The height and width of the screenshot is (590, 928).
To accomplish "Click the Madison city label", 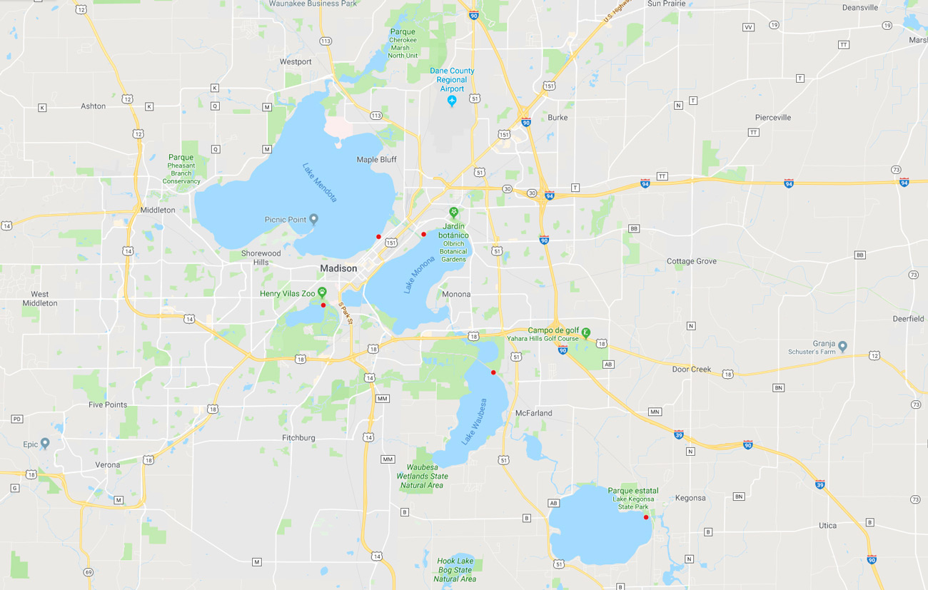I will [x=338, y=268].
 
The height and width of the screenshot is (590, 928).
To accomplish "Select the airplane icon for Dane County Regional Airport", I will [x=452, y=102].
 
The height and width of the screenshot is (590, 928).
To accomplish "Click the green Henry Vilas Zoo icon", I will [x=323, y=292].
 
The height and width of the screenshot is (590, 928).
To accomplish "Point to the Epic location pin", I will [x=45, y=443].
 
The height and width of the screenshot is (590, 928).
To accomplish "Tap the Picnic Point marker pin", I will [x=313, y=219].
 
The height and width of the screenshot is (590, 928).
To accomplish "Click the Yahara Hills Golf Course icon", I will [x=586, y=332].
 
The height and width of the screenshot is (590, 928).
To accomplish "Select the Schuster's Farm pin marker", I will [x=843, y=346].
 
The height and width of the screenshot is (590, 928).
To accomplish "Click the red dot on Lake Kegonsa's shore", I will [x=646, y=517].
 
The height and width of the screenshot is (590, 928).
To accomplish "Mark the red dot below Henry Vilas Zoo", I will [x=323, y=305].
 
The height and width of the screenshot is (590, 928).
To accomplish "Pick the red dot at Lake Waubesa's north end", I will [x=493, y=372].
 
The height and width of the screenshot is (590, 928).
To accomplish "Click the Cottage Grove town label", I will [x=691, y=262].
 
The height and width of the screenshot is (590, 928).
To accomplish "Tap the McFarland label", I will [x=533, y=413].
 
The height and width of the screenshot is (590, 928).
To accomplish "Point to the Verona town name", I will [x=108, y=465].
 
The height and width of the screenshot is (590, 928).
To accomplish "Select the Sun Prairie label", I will [x=665, y=4].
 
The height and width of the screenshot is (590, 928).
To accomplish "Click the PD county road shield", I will [x=17, y=419].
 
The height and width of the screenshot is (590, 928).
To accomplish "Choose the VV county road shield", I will [x=748, y=27].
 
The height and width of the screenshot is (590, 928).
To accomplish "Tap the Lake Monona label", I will [x=419, y=275].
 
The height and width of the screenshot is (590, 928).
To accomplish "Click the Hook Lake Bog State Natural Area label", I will [x=455, y=570].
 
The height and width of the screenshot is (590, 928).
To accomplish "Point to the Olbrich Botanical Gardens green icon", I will [x=453, y=213].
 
